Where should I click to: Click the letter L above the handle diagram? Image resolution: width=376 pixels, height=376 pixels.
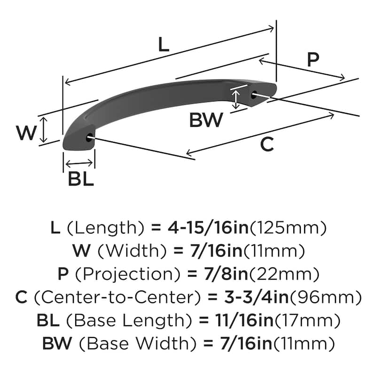(163, 45)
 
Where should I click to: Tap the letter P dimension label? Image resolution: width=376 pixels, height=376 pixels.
(313, 60)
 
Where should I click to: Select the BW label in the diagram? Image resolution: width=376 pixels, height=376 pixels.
(206, 121)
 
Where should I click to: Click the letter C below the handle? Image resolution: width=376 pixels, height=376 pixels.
(266, 145)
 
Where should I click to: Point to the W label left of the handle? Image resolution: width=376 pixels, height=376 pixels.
(26, 133)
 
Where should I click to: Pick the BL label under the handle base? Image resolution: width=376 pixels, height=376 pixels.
(80, 179)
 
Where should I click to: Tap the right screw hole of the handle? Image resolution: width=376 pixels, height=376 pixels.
(254, 95)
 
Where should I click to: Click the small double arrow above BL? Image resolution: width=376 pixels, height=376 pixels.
(79, 163)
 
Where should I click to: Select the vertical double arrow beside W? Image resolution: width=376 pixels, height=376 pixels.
(43, 130)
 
